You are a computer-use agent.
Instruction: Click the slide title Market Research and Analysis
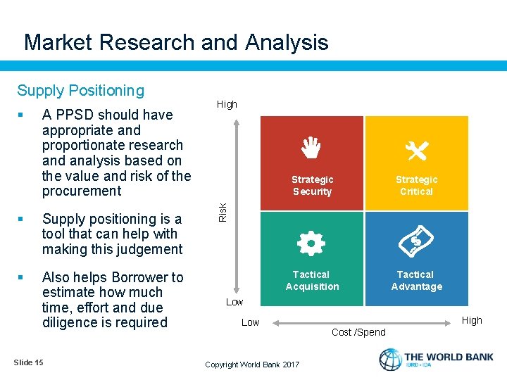176,42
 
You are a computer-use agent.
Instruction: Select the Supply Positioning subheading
80,90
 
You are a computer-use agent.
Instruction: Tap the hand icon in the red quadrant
312,148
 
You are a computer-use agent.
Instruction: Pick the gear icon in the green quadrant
311,243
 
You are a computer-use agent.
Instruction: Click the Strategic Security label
312,186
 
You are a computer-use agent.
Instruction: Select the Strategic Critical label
416,186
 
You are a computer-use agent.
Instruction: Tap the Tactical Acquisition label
312,280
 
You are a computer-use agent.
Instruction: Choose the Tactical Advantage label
416,280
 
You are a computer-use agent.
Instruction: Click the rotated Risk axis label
223,211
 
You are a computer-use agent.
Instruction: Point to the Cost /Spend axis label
358,332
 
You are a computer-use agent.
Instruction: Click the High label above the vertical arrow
227,104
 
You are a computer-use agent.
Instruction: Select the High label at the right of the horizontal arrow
472,320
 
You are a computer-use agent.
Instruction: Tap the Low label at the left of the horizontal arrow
250,322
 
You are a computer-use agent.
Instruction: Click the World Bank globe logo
390,360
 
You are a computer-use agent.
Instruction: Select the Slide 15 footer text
28,362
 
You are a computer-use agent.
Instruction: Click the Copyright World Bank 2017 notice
251,364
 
